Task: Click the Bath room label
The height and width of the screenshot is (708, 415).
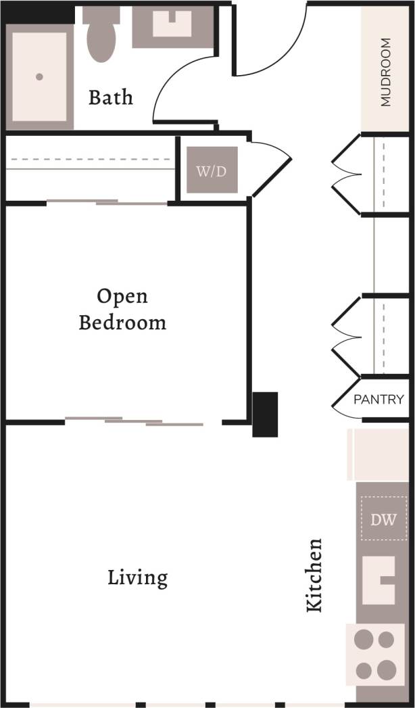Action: (x=111, y=97)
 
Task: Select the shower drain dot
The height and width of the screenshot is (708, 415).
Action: (x=39, y=77)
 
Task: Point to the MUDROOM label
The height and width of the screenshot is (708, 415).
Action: (x=386, y=72)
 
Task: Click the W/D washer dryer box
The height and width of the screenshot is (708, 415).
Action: (x=212, y=170)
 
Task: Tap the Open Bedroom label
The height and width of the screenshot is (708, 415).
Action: (x=122, y=309)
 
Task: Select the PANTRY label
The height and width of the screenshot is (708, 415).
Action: (x=379, y=400)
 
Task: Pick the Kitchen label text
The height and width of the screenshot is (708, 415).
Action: (x=314, y=575)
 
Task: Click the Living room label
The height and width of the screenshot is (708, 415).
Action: (x=138, y=578)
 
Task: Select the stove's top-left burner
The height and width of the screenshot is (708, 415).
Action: (x=365, y=639)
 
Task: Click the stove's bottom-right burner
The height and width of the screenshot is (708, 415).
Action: (x=386, y=670)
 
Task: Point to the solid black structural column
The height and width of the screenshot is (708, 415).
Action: (x=265, y=414)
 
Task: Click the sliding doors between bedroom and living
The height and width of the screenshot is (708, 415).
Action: (x=135, y=422)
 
